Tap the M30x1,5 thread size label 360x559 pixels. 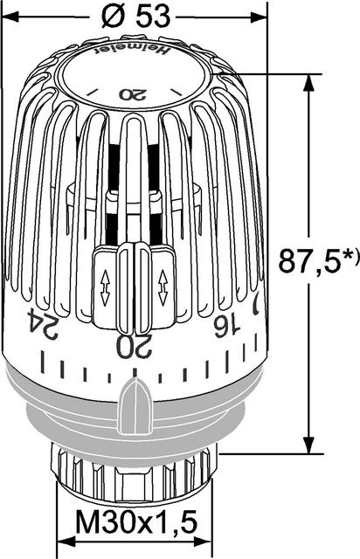(135, 525)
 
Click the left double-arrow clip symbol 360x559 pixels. (106, 287)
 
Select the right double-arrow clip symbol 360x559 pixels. (162, 287)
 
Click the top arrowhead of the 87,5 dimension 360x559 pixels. (308, 82)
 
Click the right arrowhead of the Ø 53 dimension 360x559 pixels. (259, 16)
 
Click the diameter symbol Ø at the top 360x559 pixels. (111, 14)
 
